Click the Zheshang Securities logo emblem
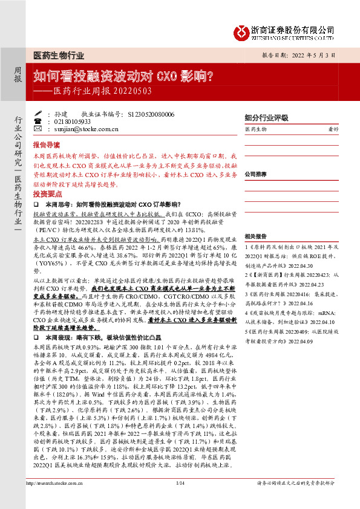coord(243,30)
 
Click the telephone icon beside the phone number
coord(38,122)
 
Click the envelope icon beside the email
coord(38,129)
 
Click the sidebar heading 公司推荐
coord(255,173)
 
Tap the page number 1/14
coord(180,499)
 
